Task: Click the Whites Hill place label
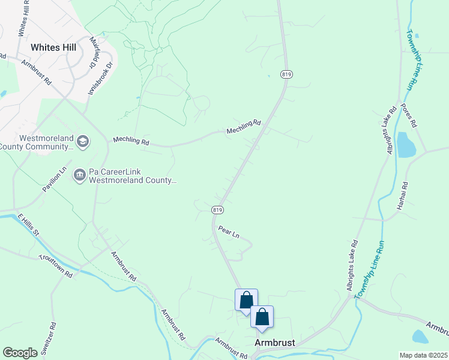(53, 47)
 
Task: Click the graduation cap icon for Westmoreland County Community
(83, 141)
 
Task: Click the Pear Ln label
(229, 232)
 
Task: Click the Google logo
(20, 352)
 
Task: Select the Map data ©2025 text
(423, 355)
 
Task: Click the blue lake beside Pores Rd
(406, 145)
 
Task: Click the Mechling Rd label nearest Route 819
(244, 127)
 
